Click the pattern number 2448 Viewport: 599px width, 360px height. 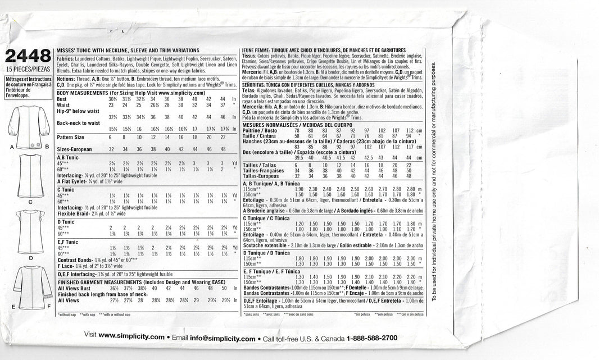[x=26, y=57]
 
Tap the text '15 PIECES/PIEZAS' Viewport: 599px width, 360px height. [x=26, y=70]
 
